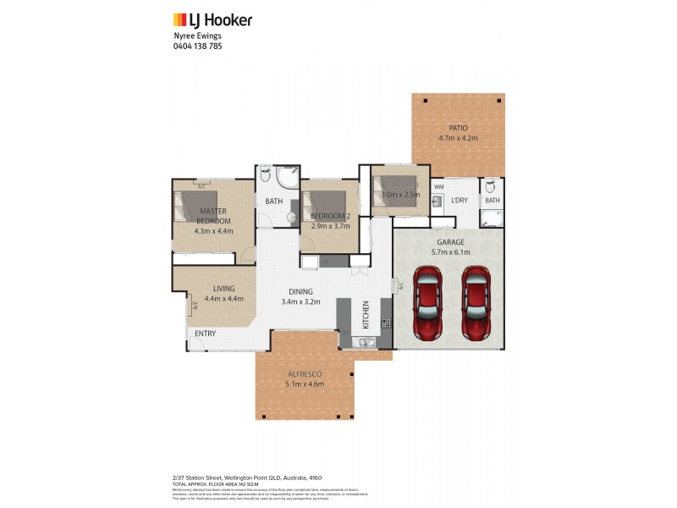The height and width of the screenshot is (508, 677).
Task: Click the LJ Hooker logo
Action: [212, 19]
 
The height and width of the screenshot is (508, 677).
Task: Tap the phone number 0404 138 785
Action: [197, 47]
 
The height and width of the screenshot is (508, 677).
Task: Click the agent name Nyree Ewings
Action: [197, 36]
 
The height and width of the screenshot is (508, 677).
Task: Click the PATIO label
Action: [458, 128]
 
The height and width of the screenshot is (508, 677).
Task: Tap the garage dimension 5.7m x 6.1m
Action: [449, 251]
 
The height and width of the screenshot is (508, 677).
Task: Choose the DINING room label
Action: [300, 291]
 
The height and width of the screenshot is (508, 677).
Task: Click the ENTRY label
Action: [205, 334]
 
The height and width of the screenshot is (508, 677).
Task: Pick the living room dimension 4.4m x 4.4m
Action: [223, 298]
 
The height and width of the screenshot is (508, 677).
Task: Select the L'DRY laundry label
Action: [460, 200]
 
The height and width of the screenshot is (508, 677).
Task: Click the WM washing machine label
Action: [438, 185]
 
